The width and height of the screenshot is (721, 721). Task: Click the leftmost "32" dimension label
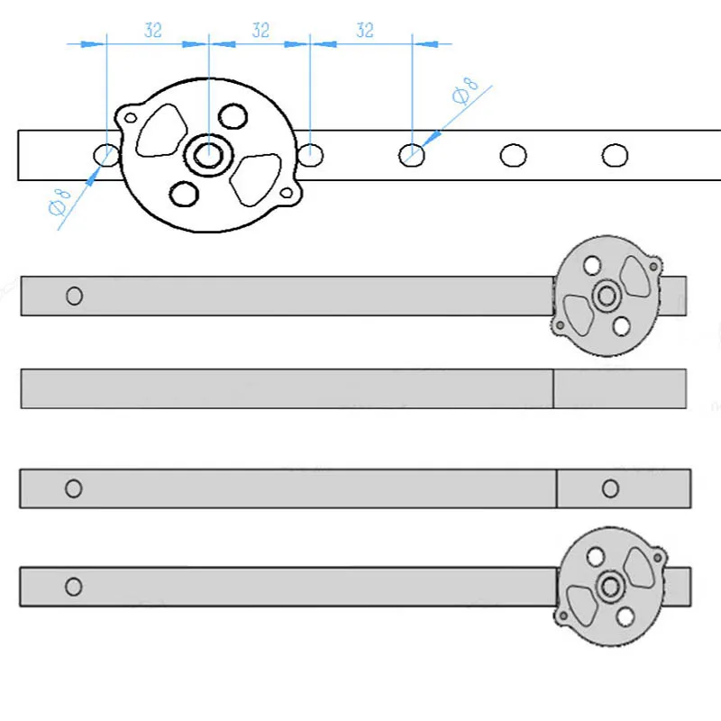pos(153,30)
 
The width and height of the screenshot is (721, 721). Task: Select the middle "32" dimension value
pos(260,30)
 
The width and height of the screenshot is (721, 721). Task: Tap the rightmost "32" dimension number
pos(364,30)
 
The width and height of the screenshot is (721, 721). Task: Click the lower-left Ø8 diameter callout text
pos(59,204)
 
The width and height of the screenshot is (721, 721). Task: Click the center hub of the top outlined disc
pos(208,154)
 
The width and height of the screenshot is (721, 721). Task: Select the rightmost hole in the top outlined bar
pos(615,155)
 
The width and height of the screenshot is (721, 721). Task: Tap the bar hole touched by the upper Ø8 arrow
pos(412,155)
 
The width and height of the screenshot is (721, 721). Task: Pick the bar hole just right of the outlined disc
pos(311,154)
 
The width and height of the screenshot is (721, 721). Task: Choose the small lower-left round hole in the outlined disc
pos(184,193)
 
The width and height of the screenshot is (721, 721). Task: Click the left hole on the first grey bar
pos(75,296)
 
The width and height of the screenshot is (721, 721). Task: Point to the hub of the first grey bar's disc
pos(606,295)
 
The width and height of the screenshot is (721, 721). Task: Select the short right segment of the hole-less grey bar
pos(619,388)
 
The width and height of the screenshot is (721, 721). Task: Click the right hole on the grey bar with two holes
pos(610,488)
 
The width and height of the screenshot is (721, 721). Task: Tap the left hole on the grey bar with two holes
pos(74,488)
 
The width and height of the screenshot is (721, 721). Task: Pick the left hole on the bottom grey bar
pos(74,587)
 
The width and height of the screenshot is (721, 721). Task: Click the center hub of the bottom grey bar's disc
pos(609,586)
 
